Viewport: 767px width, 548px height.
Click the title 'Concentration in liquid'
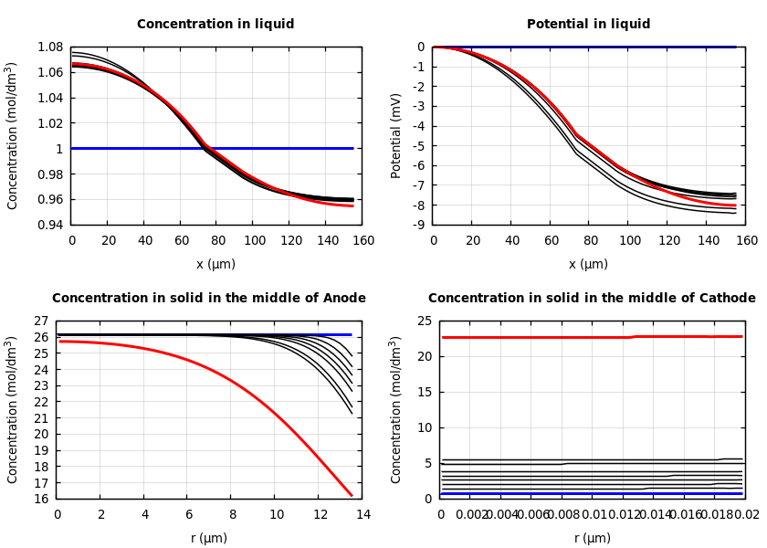(215, 25)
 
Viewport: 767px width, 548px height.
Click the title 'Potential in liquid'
(588, 25)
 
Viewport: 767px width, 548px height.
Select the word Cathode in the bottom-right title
(725, 299)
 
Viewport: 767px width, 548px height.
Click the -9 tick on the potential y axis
(418, 225)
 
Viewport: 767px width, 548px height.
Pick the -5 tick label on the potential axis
(418, 145)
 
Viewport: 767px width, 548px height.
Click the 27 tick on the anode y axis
(40, 321)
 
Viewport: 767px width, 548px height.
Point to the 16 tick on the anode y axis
(40, 499)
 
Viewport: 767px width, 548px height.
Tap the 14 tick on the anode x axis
(362, 514)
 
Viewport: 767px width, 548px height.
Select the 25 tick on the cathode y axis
(424, 321)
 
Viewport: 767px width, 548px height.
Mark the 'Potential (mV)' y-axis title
(396, 135)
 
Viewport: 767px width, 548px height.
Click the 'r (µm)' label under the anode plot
(209, 538)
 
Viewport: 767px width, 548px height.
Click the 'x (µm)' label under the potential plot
(588, 264)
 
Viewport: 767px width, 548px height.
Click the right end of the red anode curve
(352, 495)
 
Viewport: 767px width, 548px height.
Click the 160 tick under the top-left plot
(362, 240)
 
